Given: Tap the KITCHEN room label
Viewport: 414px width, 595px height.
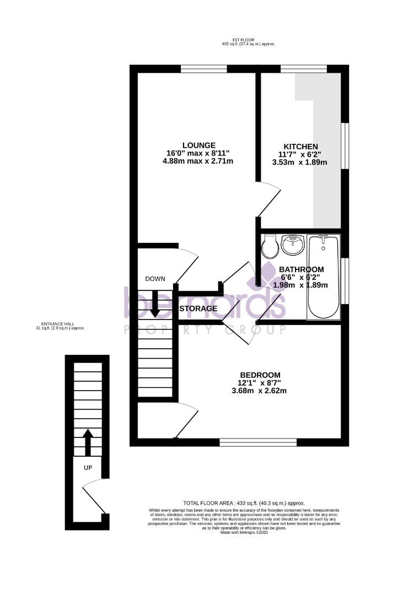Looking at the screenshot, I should [300, 147].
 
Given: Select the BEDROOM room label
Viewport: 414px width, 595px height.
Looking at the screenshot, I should [259, 375].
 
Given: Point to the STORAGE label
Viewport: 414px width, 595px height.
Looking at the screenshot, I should [198, 309].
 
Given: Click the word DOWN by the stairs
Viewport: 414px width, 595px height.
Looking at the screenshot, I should [155, 279].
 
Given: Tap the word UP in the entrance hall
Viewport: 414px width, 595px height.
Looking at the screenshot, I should [87, 468].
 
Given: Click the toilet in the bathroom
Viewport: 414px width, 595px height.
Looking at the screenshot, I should [270, 247].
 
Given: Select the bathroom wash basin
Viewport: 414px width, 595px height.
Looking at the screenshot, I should [292, 245].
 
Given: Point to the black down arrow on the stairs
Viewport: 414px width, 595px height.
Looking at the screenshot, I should [155, 304].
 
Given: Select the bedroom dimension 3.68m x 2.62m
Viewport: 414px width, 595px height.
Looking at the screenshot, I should [259, 391].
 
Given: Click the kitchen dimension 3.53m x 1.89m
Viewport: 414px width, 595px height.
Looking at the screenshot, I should [300, 163].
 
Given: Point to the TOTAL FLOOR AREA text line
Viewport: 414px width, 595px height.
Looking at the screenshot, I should [244, 503].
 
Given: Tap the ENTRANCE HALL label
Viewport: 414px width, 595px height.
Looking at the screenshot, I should [61, 324].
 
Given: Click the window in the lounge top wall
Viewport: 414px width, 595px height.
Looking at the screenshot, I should [204, 69].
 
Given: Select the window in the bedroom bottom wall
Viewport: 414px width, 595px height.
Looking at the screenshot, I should [258, 442].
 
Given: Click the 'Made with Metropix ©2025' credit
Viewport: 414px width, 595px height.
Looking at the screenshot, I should [244, 533].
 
